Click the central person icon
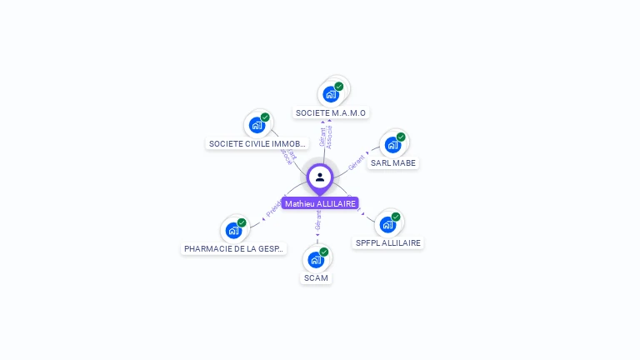(x=320, y=177)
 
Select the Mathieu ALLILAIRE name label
(x=320, y=203)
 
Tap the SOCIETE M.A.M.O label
(x=331, y=112)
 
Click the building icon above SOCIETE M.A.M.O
(x=331, y=94)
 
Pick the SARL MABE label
(x=392, y=162)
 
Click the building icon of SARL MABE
(x=392, y=145)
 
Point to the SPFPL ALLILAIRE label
(x=388, y=242)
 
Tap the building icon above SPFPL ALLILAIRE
(x=387, y=224)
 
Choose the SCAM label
(x=316, y=277)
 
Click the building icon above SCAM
(x=316, y=259)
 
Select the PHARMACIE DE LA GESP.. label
(x=234, y=248)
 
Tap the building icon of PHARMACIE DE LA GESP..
(x=233, y=230)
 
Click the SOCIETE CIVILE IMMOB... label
(x=251, y=143)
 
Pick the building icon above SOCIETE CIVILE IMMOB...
(x=257, y=125)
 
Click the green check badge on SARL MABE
(x=401, y=137)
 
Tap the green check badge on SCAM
(x=324, y=252)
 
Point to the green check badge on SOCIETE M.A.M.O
(x=339, y=86)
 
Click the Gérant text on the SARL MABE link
(x=357, y=161)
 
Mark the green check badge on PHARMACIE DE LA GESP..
(x=242, y=222)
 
